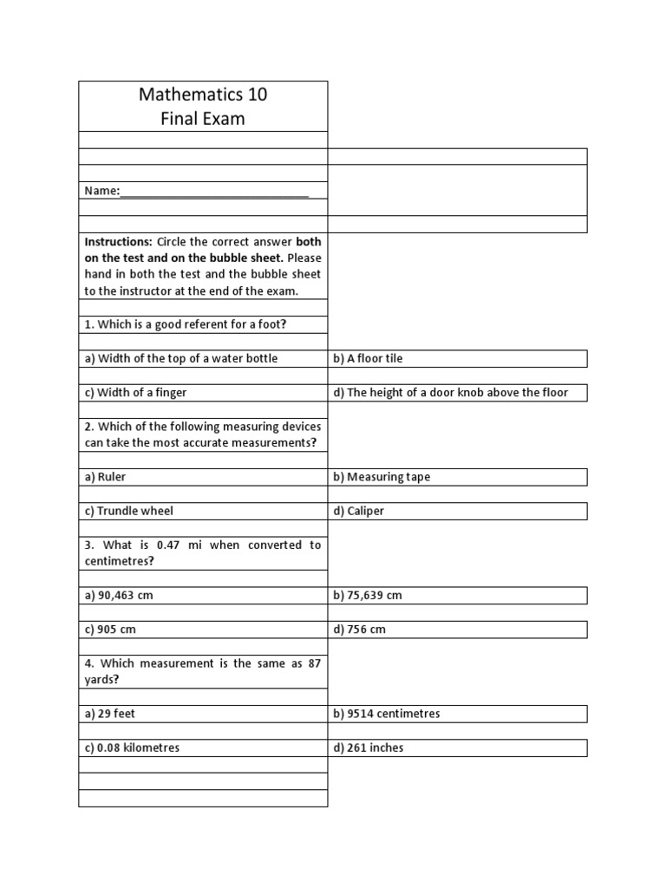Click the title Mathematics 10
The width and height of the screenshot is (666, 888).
[x=203, y=95]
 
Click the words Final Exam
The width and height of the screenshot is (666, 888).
[x=203, y=119]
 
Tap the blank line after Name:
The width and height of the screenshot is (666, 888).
[x=214, y=191]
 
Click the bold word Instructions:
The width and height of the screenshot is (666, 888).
[x=118, y=241]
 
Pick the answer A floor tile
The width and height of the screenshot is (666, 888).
[x=375, y=358]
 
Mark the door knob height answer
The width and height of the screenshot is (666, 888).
[x=457, y=392]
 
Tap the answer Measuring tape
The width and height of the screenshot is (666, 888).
[x=388, y=476]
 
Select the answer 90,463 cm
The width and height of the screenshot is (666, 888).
[x=125, y=595]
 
